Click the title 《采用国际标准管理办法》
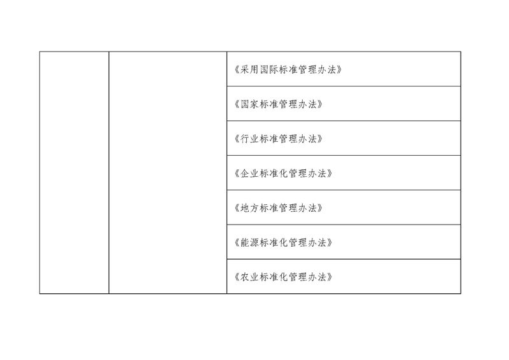[x=288, y=69]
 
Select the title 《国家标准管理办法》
[x=279, y=104]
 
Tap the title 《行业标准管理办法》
[x=279, y=139]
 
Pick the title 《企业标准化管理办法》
[x=283, y=174]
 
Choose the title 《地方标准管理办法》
[x=279, y=208]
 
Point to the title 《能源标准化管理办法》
[x=283, y=242]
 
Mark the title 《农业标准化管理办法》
[x=283, y=277]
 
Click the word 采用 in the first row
[x=249, y=69]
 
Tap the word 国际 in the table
[x=268, y=69]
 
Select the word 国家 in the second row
[x=249, y=104]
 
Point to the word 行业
[x=249, y=139]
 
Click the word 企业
[x=249, y=174]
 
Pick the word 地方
[x=249, y=208]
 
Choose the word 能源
[x=249, y=242]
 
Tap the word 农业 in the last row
[x=249, y=277]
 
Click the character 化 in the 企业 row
[x=283, y=174]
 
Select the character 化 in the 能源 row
[x=283, y=242]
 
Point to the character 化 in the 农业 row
[x=283, y=277]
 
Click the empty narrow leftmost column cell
[x=74, y=173]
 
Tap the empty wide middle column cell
[x=168, y=173]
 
